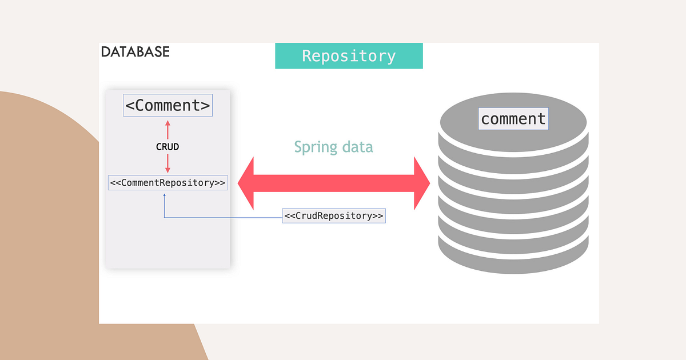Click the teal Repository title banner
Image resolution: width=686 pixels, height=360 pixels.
(349, 56)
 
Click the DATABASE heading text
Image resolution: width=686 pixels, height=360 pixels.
(135, 51)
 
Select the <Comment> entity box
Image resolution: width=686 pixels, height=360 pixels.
(167, 106)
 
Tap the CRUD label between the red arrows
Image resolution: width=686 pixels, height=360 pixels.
(167, 147)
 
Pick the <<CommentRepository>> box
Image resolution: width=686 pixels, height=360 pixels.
(167, 183)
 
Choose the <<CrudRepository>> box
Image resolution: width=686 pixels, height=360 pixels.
(334, 216)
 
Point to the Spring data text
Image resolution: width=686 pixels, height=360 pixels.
(333, 147)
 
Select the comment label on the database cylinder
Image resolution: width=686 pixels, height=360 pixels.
(513, 119)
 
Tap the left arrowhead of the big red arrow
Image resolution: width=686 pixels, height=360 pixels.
(246, 183)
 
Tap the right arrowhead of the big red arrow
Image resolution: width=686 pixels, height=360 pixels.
(422, 183)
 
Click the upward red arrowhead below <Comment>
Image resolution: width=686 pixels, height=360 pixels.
(167, 123)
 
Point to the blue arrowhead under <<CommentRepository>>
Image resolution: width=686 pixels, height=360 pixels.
(165, 194)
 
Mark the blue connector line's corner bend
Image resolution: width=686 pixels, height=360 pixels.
(165, 217)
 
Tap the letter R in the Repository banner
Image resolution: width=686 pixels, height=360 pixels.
(306, 56)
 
